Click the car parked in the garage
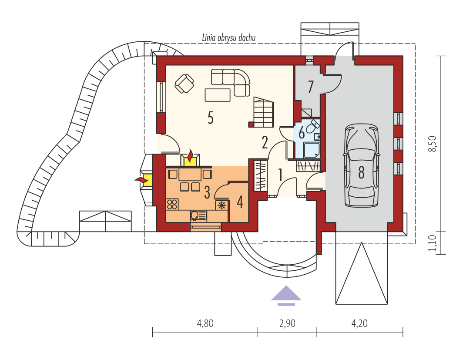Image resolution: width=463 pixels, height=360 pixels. click(362, 165)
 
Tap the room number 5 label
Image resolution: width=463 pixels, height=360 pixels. click(210, 118)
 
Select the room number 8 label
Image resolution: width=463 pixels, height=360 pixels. click(362, 173)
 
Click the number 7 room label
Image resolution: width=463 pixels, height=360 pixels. click(310, 87)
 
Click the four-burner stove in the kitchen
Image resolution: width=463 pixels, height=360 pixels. click(173, 204)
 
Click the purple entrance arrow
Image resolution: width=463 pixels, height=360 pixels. click(286, 295)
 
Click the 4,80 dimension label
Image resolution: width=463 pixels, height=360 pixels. click(205, 323)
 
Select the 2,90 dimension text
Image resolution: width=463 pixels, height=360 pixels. click(287, 323)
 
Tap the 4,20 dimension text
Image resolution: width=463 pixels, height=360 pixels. click(359, 323)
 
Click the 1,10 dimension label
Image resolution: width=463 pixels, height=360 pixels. click(432, 243)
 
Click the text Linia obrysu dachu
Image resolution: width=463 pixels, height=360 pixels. click(228, 38)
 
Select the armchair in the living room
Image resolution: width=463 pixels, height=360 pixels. click(184, 83)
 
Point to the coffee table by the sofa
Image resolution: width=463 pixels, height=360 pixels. click(218, 95)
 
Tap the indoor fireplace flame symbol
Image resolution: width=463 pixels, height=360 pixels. click(191, 155)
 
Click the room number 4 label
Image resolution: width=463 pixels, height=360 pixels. click(240, 202)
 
